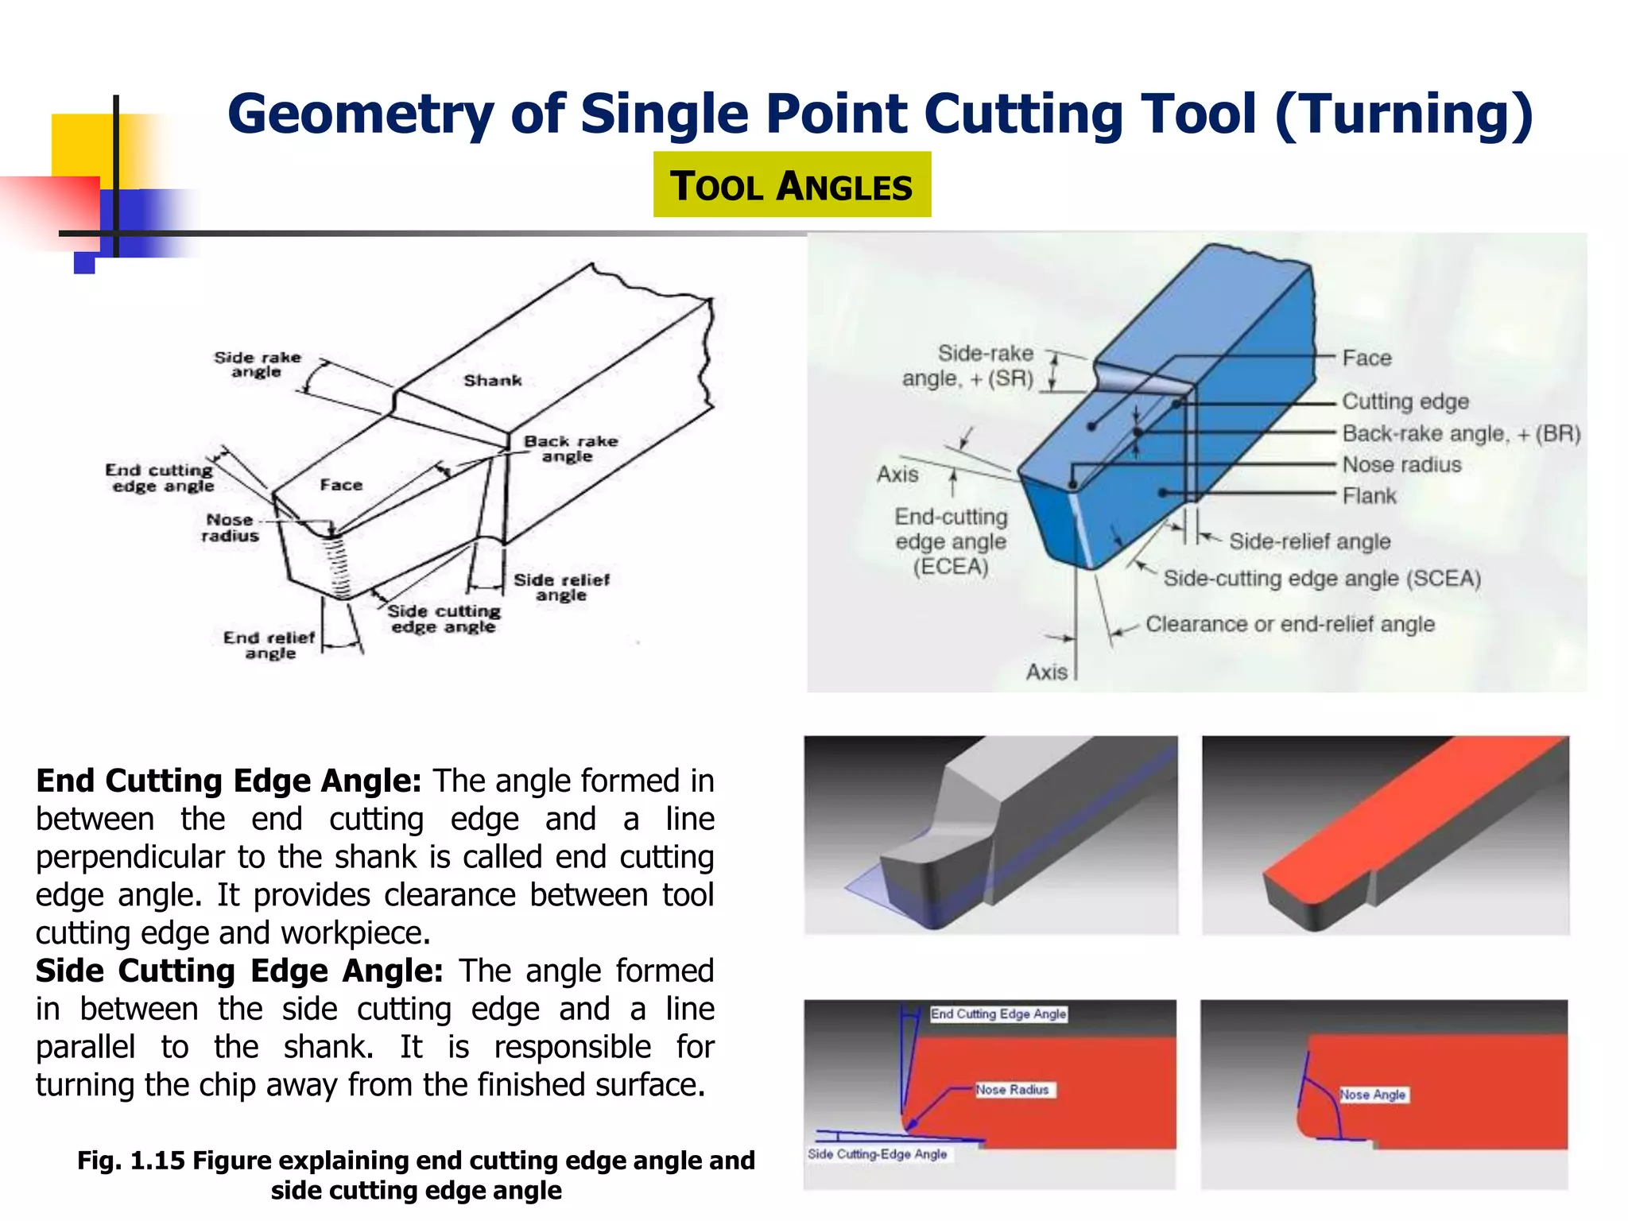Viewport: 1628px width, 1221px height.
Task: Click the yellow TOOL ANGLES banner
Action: (792, 185)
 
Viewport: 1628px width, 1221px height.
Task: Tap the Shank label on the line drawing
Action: (493, 381)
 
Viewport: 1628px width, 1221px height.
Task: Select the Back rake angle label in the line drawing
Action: (569, 448)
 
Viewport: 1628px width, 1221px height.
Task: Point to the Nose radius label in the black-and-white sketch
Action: (230, 528)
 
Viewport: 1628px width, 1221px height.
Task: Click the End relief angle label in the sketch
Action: (269, 645)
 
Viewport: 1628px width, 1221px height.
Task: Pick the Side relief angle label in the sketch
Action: (561, 587)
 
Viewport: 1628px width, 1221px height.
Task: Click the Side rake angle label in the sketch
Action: (258, 365)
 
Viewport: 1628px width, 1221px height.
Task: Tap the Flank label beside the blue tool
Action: (1369, 496)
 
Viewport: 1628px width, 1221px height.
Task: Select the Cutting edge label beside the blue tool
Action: (1405, 401)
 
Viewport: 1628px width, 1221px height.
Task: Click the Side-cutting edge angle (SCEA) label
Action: (1322, 579)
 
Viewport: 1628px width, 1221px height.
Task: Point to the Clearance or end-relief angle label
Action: (1289, 624)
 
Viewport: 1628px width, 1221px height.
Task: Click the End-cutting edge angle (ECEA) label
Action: (951, 541)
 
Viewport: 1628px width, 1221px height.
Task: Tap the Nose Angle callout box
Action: (1373, 1095)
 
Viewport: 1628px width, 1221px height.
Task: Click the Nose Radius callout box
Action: (1013, 1090)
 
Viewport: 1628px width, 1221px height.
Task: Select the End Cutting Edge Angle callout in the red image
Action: (998, 1014)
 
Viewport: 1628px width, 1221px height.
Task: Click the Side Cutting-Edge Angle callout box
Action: (878, 1153)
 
